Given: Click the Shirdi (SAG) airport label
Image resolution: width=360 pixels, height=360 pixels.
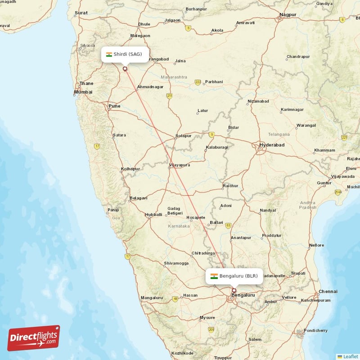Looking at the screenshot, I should (124, 54).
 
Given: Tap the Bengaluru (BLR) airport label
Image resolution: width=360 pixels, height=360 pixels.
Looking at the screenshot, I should (234, 276).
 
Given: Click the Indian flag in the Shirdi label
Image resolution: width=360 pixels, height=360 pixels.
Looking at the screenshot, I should (109, 54).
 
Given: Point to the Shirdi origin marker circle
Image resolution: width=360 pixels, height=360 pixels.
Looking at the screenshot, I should (125, 69).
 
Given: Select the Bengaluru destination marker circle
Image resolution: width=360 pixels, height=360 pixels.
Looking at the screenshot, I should (234, 290).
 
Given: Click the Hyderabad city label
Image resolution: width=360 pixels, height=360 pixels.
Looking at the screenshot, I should (272, 145).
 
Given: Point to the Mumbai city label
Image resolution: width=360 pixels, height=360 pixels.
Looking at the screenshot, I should (83, 92).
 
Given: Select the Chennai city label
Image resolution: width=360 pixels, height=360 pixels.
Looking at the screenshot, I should (328, 292).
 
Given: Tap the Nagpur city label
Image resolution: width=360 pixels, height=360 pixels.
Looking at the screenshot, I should (288, 15).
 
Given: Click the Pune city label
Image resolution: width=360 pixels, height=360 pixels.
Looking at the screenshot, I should (114, 106).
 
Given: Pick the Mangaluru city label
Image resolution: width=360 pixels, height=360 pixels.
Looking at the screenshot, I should (152, 297).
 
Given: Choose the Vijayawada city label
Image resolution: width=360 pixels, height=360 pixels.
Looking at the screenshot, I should (343, 176).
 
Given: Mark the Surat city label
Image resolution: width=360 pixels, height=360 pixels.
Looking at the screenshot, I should (81, 13).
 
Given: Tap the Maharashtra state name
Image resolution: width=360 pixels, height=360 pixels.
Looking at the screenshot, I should (174, 77).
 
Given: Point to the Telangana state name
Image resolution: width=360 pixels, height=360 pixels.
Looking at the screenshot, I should (279, 134).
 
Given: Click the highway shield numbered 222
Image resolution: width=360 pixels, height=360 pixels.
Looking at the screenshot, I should (198, 82).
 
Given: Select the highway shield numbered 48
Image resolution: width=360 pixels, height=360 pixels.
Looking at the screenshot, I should (175, 299).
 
